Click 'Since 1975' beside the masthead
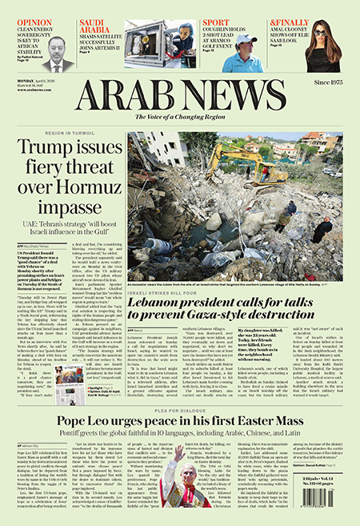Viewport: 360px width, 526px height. (332, 83)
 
